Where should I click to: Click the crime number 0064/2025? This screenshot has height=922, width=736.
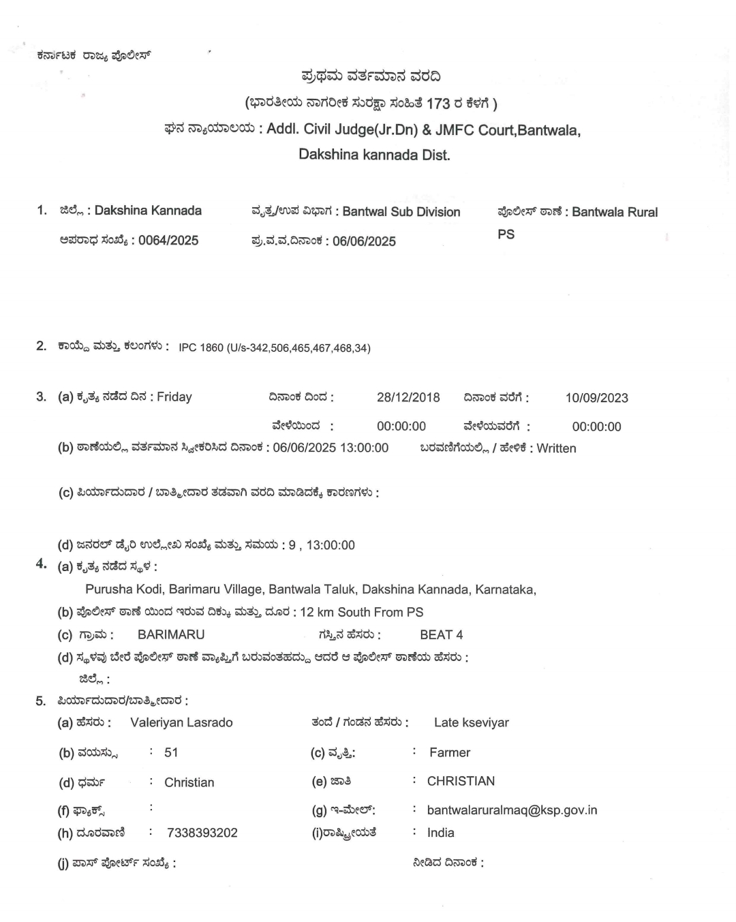point(168,241)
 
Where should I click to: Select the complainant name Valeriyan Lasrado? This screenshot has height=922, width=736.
point(181,722)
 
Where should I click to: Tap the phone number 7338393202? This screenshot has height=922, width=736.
point(202,833)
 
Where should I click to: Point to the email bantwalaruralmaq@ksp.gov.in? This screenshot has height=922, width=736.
point(512,810)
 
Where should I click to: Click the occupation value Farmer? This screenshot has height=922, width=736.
point(450,752)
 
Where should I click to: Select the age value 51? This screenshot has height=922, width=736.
point(171,752)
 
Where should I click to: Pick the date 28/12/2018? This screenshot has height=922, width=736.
point(408,397)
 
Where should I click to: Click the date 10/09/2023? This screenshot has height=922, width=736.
point(597,398)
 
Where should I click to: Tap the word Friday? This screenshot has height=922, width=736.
point(174,397)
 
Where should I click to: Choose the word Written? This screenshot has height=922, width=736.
point(556,448)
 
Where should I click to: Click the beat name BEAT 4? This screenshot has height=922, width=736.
point(441,634)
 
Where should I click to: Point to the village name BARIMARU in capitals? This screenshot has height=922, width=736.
point(171,634)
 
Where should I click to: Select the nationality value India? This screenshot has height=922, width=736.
point(441,833)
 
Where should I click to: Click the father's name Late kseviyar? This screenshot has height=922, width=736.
point(472,722)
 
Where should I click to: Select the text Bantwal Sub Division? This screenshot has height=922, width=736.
point(401,212)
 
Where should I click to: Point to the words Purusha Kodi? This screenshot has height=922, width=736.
point(123,589)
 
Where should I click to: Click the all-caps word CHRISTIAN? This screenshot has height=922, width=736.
point(461,781)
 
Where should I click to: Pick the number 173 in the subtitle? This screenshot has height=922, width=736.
point(438,104)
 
